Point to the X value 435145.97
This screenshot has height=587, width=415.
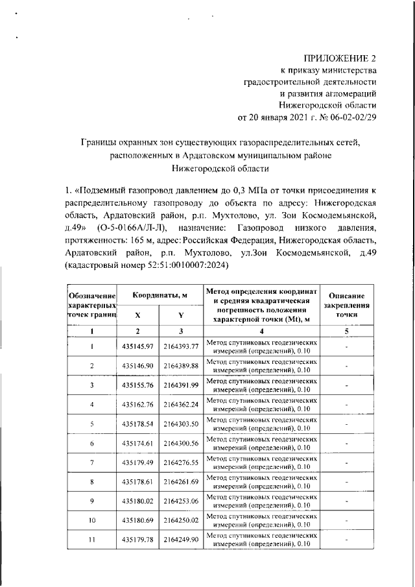tap(137, 346)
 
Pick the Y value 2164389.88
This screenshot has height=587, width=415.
tap(181, 366)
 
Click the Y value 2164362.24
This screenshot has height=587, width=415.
tap(181, 405)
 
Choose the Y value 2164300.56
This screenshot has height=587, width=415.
tap(181, 443)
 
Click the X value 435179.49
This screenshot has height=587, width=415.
tap(137, 462)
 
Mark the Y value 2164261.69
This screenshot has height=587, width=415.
tap(181, 482)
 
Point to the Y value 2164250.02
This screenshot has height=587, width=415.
tap(181, 520)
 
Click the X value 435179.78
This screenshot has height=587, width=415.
tap(137, 540)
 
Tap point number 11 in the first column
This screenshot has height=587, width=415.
tap(92, 540)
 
